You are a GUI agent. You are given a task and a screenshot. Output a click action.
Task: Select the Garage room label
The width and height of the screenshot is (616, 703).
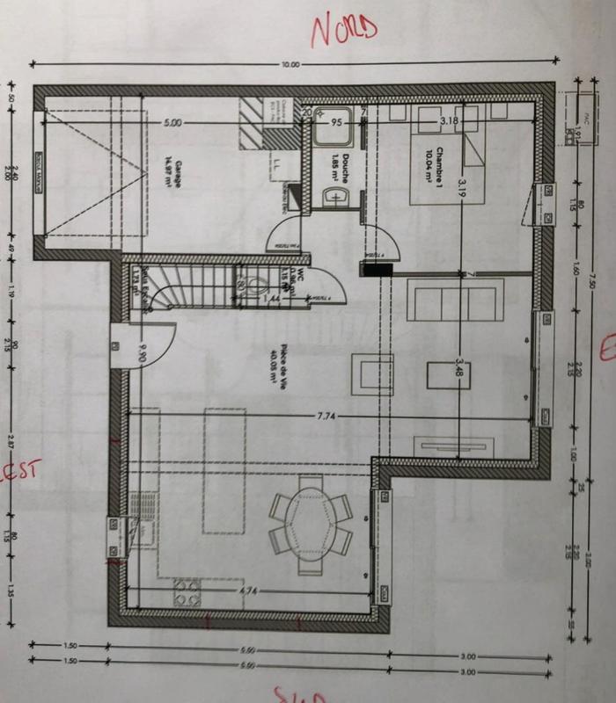pos(170,166)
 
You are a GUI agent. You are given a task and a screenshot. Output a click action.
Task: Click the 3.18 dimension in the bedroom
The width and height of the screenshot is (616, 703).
pos(450,120)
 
